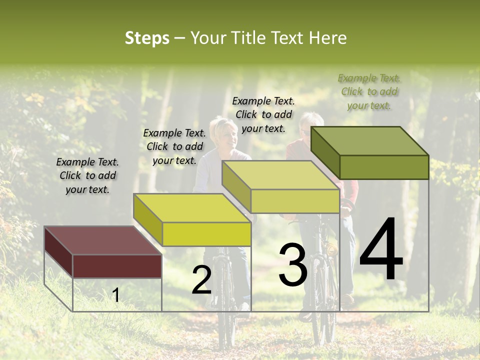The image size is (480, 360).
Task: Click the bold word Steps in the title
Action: click(147, 38)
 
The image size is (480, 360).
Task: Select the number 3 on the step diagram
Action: click(292, 265)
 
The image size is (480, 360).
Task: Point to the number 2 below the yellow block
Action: click(201, 280)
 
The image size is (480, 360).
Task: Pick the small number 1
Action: click(116, 295)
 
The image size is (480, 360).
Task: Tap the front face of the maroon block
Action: click(117, 266)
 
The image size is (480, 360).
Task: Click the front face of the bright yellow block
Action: click(206, 234)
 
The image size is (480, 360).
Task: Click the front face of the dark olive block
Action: click(384, 167)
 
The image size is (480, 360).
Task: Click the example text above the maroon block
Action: click(87, 175)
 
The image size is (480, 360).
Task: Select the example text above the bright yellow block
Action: click(174, 146)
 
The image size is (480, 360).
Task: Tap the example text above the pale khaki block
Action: click(263, 114)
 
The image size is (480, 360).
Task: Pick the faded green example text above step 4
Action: click(369, 91)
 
